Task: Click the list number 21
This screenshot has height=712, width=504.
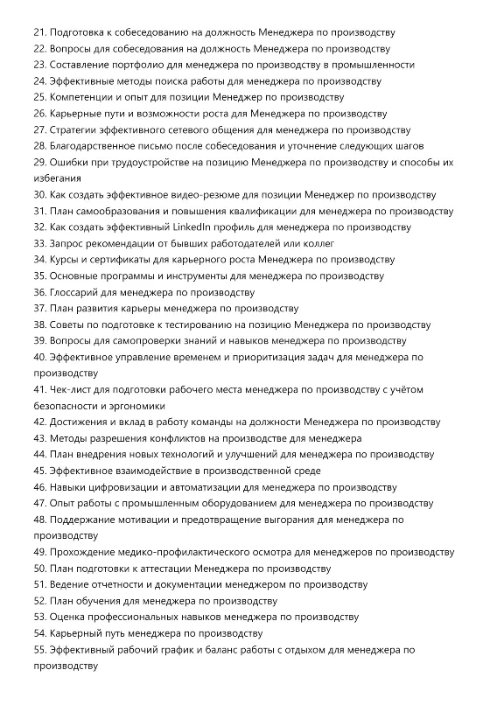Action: click(x=39, y=31)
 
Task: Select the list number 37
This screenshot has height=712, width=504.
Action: click(x=39, y=308)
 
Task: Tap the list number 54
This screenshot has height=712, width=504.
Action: click(x=39, y=632)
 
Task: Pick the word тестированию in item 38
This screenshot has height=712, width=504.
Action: click(x=190, y=325)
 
